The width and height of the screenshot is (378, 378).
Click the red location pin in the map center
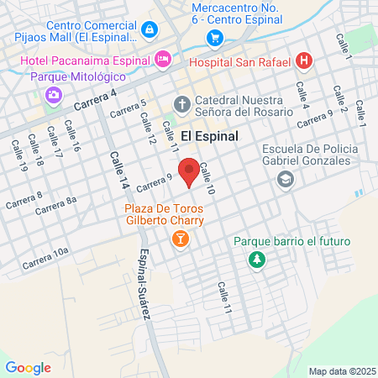pyautogui.click(x=189, y=171)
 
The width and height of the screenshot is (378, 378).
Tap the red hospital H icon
pyautogui.click(x=305, y=61)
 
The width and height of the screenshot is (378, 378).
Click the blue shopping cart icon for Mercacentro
pyautogui.click(x=215, y=38)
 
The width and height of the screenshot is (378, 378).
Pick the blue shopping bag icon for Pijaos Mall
pyautogui.click(x=149, y=29)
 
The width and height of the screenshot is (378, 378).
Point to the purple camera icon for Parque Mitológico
pyautogui.click(x=55, y=94)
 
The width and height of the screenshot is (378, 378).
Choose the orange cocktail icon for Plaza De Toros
pyautogui.click(x=179, y=240)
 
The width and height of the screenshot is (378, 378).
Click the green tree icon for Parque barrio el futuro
pyautogui.click(x=255, y=260)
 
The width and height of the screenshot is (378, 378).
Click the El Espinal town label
pyautogui.click(x=209, y=135)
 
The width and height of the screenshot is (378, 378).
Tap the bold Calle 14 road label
pyautogui.click(x=117, y=171)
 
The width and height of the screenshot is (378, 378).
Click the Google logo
pyautogui.click(x=28, y=367)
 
